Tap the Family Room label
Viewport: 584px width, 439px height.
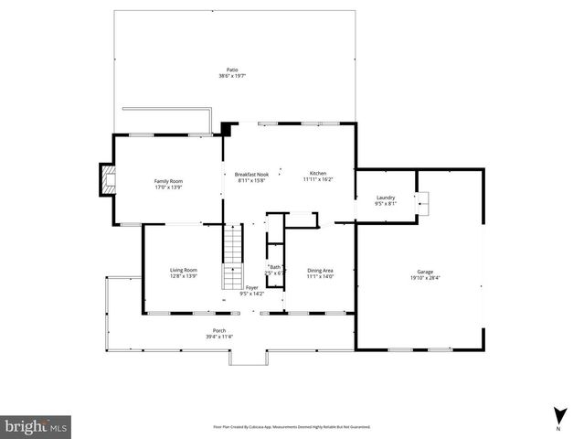click(168, 181)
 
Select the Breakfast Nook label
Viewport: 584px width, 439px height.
click(251, 174)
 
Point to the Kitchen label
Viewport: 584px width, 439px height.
click(317, 173)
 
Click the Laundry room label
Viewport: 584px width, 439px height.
click(386, 198)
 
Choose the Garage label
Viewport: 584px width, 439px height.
click(425, 272)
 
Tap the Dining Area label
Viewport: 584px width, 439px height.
click(320, 270)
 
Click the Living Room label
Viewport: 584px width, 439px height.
click(184, 270)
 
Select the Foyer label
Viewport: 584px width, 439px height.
click(251, 288)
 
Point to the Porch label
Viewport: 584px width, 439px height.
click(219, 330)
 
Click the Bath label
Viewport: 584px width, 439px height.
click(275, 267)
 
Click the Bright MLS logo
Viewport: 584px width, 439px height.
click(37, 425)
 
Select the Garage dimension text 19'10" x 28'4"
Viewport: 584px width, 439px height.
click(425, 278)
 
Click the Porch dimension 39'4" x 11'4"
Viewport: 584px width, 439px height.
click(219, 337)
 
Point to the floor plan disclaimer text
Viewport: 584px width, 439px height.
click(292, 426)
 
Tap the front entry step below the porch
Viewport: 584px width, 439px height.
click(245, 357)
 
